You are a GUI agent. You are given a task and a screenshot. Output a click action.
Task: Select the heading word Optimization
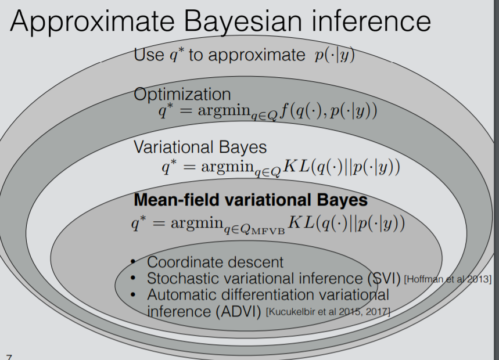point(182,93)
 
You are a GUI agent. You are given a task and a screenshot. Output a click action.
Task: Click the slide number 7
point(8,355)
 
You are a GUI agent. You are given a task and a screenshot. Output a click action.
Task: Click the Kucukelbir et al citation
point(328,312)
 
